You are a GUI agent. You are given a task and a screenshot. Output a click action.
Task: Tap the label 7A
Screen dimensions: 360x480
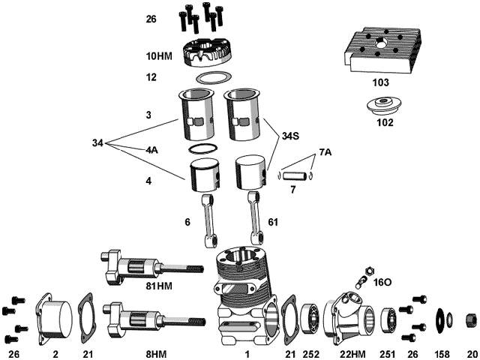click(324, 152)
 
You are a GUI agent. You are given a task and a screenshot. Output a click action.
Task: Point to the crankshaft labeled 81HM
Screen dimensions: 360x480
click(146, 268)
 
